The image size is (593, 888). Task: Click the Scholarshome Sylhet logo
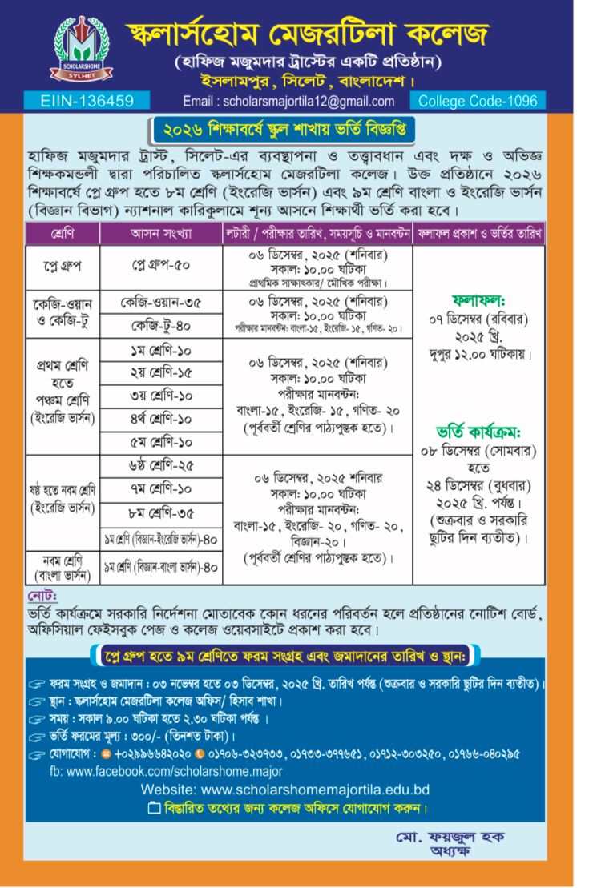[78, 49]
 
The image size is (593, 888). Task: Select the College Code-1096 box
[478, 101]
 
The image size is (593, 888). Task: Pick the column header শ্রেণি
[62, 234]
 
